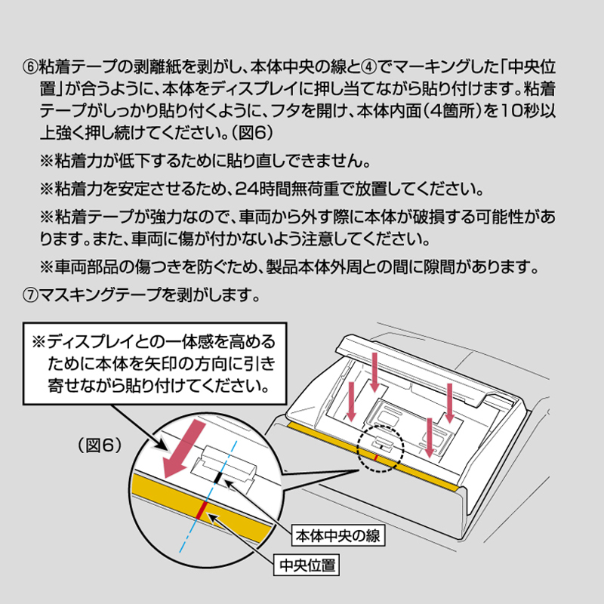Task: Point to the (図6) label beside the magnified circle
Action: (x=100, y=445)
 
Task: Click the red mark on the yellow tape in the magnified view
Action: (x=201, y=510)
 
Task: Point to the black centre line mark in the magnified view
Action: (x=218, y=477)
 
